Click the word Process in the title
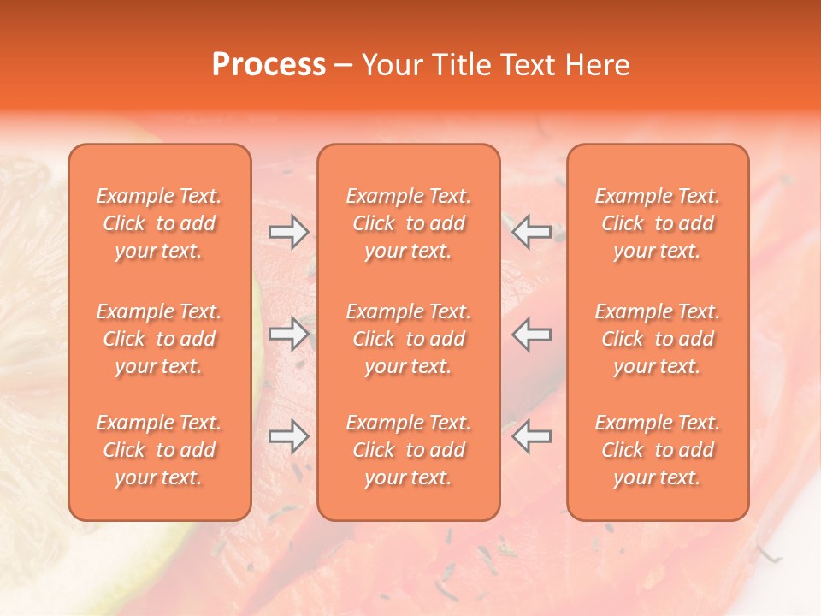[x=269, y=65]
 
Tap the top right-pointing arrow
[x=288, y=232]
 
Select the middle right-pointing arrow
[x=288, y=334]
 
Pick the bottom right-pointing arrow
[x=288, y=436]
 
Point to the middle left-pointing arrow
[x=532, y=334]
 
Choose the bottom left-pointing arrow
[x=532, y=436]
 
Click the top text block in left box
[x=159, y=223]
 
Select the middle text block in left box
[x=159, y=339]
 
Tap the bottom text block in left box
[x=159, y=450]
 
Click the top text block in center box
[x=408, y=223]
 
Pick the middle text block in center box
[x=408, y=339]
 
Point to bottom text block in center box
[x=408, y=450]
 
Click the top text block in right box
[x=657, y=223]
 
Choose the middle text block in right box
[x=657, y=339]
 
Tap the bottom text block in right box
[x=657, y=450]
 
